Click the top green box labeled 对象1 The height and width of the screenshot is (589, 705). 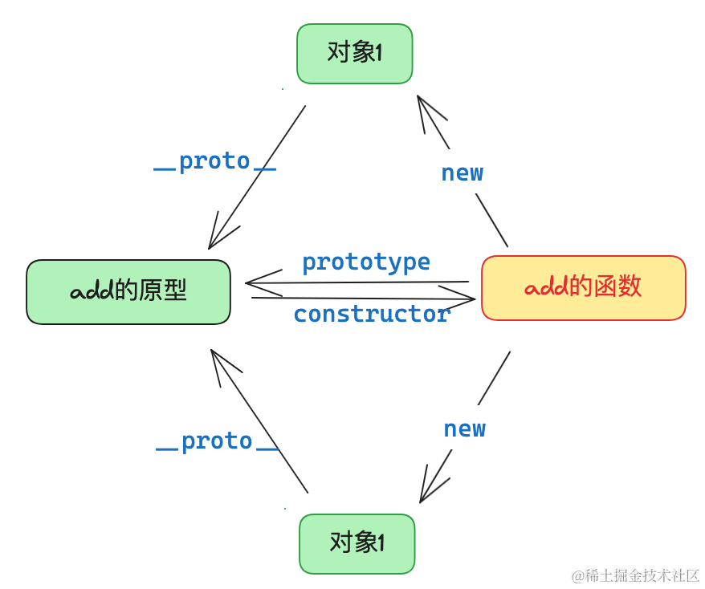pyautogui.click(x=354, y=54)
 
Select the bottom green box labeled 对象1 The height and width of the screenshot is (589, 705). pyautogui.click(x=357, y=543)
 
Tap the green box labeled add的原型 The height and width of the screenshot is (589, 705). pyautogui.click(x=128, y=291)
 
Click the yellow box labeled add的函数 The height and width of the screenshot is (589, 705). pyautogui.click(x=583, y=288)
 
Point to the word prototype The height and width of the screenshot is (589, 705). pyautogui.click(x=366, y=262)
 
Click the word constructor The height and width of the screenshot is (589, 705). pyautogui.click(x=372, y=314)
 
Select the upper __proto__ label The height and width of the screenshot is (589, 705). pyautogui.click(x=214, y=162)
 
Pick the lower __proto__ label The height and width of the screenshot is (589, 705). pyautogui.click(x=217, y=441)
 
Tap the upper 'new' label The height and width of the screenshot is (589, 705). pyautogui.click(x=463, y=173)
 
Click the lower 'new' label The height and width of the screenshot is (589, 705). pyautogui.click(x=464, y=429)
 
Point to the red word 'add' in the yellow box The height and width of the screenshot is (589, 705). pyautogui.click(x=546, y=286)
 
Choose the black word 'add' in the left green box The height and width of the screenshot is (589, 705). pyautogui.click(x=92, y=291)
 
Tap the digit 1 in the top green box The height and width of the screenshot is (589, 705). pyautogui.click(x=378, y=53)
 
